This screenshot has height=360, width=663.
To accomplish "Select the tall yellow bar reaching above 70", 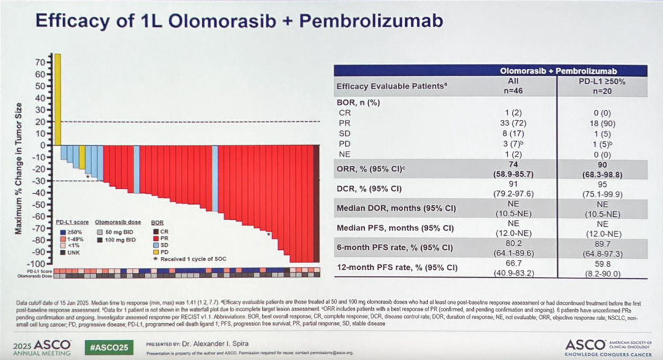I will tap(57, 98).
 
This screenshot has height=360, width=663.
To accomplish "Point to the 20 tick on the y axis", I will tap(43, 122).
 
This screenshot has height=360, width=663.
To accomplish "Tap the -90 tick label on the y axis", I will tap(41, 252).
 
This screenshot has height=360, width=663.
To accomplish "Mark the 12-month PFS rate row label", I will tap(393, 268).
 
